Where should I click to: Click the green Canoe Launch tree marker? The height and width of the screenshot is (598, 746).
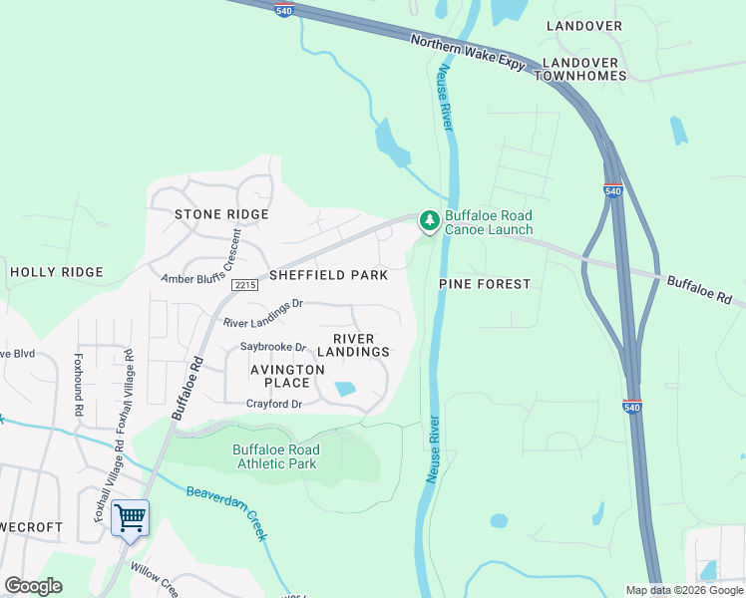click(x=429, y=221)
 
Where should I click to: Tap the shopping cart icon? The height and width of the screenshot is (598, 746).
click(x=130, y=517)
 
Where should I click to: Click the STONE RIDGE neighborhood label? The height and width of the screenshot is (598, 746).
click(x=221, y=214)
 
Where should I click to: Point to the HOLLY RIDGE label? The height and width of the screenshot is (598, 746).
click(x=57, y=272)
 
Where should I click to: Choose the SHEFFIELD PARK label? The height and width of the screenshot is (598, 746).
click(x=326, y=274)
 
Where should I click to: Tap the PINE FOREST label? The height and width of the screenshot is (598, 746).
click(x=486, y=284)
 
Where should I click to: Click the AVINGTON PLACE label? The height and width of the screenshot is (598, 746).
click(x=287, y=376)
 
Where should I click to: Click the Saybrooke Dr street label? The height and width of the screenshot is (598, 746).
click(x=272, y=347)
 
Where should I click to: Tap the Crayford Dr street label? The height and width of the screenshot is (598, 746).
click(x=274, y=404)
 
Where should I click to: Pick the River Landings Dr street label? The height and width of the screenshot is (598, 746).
click(x=263, y=313)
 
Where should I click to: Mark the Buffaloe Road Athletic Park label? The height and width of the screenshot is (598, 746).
click(x=275, y=456)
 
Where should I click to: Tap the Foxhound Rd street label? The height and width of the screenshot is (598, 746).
click(x=78, y=376)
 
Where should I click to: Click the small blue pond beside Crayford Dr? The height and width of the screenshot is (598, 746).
click(x=346, y=390)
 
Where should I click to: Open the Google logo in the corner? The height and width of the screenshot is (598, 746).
click(x=34, y=586)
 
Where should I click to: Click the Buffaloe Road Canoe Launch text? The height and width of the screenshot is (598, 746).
click(x=489, y=222)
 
